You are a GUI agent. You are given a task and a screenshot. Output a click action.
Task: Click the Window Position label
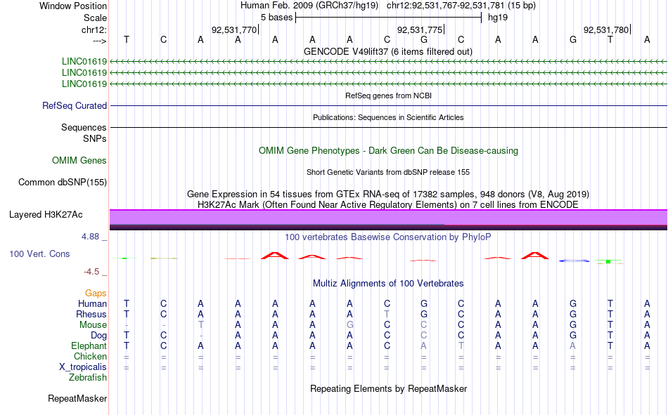coord(73,6)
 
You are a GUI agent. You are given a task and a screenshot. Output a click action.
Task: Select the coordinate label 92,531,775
coord(420,29)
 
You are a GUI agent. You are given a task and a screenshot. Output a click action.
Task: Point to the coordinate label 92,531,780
coord(606,29)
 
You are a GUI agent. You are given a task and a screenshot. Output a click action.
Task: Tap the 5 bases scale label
coord(277,18)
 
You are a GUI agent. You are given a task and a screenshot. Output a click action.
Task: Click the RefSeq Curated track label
coord(75,105)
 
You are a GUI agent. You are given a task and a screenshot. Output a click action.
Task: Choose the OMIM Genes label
coord(79,161)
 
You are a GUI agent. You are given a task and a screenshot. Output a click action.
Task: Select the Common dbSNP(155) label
coord(63,182)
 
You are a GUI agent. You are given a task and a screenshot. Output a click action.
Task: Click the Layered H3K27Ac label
coord(46,215)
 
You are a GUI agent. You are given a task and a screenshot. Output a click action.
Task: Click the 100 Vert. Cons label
coord(39,253)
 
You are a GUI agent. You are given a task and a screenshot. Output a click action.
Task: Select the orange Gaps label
coord(96,293)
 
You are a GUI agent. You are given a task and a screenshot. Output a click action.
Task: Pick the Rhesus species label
coord(91,314)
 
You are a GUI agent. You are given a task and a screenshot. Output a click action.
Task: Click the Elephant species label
coord(89,345)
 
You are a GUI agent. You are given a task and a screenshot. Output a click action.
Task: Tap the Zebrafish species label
coord(88,378)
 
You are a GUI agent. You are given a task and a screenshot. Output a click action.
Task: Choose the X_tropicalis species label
coord(83,367)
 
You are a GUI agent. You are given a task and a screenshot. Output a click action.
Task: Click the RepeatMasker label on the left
coord(77,398)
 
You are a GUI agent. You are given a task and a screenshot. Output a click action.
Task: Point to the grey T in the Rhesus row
coord(387,314)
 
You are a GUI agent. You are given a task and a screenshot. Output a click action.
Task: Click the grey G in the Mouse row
coord(349,324)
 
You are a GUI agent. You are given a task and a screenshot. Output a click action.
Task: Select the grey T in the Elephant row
coord(461,345)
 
